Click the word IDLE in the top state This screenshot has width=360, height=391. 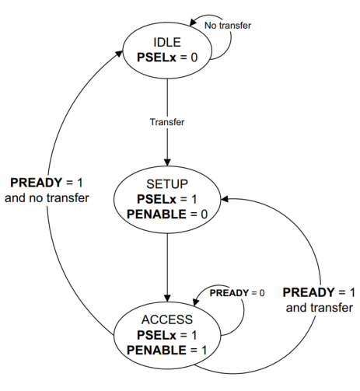click(x=167, y=42)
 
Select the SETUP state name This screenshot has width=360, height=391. click(x=167, y=184)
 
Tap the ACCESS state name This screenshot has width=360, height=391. click(x=167, y=319)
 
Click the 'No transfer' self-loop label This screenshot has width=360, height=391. click(x=228, y=26)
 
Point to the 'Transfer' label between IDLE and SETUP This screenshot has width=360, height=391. click(x=167, y=122)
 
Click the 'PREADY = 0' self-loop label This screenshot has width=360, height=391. click(x=237, y=293)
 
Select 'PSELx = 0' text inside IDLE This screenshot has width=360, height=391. click(x=167, y=58)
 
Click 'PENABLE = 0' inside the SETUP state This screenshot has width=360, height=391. click(x=167, y=215)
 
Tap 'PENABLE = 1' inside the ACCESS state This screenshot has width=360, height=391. click(x=167, y=350)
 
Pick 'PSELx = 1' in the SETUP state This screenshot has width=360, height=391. click(x=167, y=199)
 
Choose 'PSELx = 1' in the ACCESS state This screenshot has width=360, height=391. click(x=167, y=335)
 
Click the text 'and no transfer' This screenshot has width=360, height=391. click(x=47, y=198)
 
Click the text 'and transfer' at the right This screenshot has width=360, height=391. click(x=320, y=308)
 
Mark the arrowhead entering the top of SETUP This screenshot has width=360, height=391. click(x=167, y=162)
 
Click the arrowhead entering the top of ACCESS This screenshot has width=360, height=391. click(x=167, y=298)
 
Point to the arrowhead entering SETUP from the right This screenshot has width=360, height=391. click(x=224, y=199)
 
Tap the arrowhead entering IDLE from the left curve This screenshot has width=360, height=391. click(x=119, y=54)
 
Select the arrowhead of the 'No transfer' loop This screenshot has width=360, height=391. click(x=193, y=23)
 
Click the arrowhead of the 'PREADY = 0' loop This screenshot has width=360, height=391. click(x=196, y=302)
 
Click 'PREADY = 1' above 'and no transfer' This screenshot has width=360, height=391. click(x=47, y=183)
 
